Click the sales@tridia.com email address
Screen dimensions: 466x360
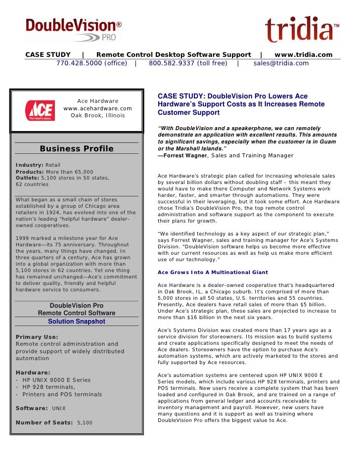coord(281,63)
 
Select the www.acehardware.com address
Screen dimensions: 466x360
coord(97,108)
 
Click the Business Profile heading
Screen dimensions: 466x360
coord(77,149)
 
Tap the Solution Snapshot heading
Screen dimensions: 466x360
coord(77,321)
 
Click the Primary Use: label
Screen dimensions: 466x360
coord(37,337)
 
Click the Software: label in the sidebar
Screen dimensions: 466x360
coord(32,408)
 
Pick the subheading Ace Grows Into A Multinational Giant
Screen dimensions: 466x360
coord(213,272)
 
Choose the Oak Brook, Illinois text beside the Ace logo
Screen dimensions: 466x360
coord(97,115)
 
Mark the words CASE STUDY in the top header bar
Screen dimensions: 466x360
coord(48,54)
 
